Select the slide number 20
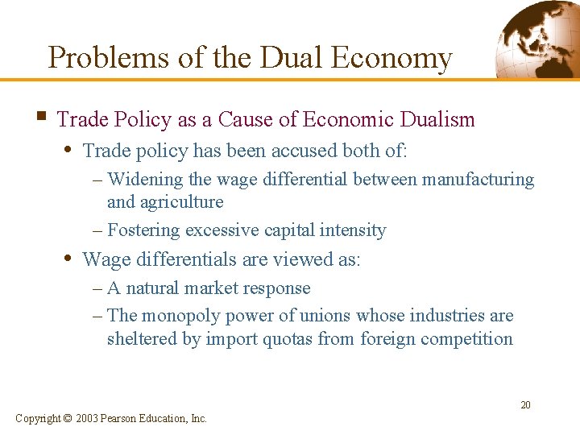525,405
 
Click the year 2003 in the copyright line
89,418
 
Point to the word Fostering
143,230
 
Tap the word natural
154,288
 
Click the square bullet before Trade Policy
39,118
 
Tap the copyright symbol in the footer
67,418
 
